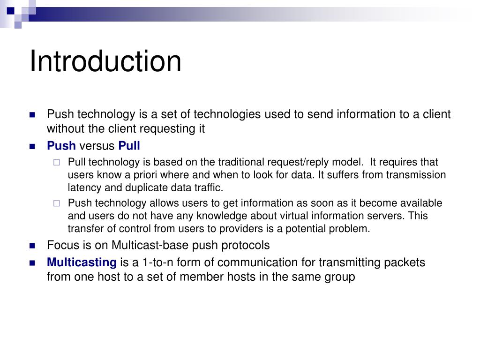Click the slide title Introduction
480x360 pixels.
point(105,61)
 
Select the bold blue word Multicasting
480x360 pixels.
point(81,262)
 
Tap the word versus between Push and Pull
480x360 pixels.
point(97,146)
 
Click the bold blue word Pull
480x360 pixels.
point(129,146)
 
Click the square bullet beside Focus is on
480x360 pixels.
point(32,245)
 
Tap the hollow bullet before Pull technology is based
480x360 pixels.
point(57,163)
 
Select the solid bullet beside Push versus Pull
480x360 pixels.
point(32,146)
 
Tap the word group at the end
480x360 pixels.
point(340,277)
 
